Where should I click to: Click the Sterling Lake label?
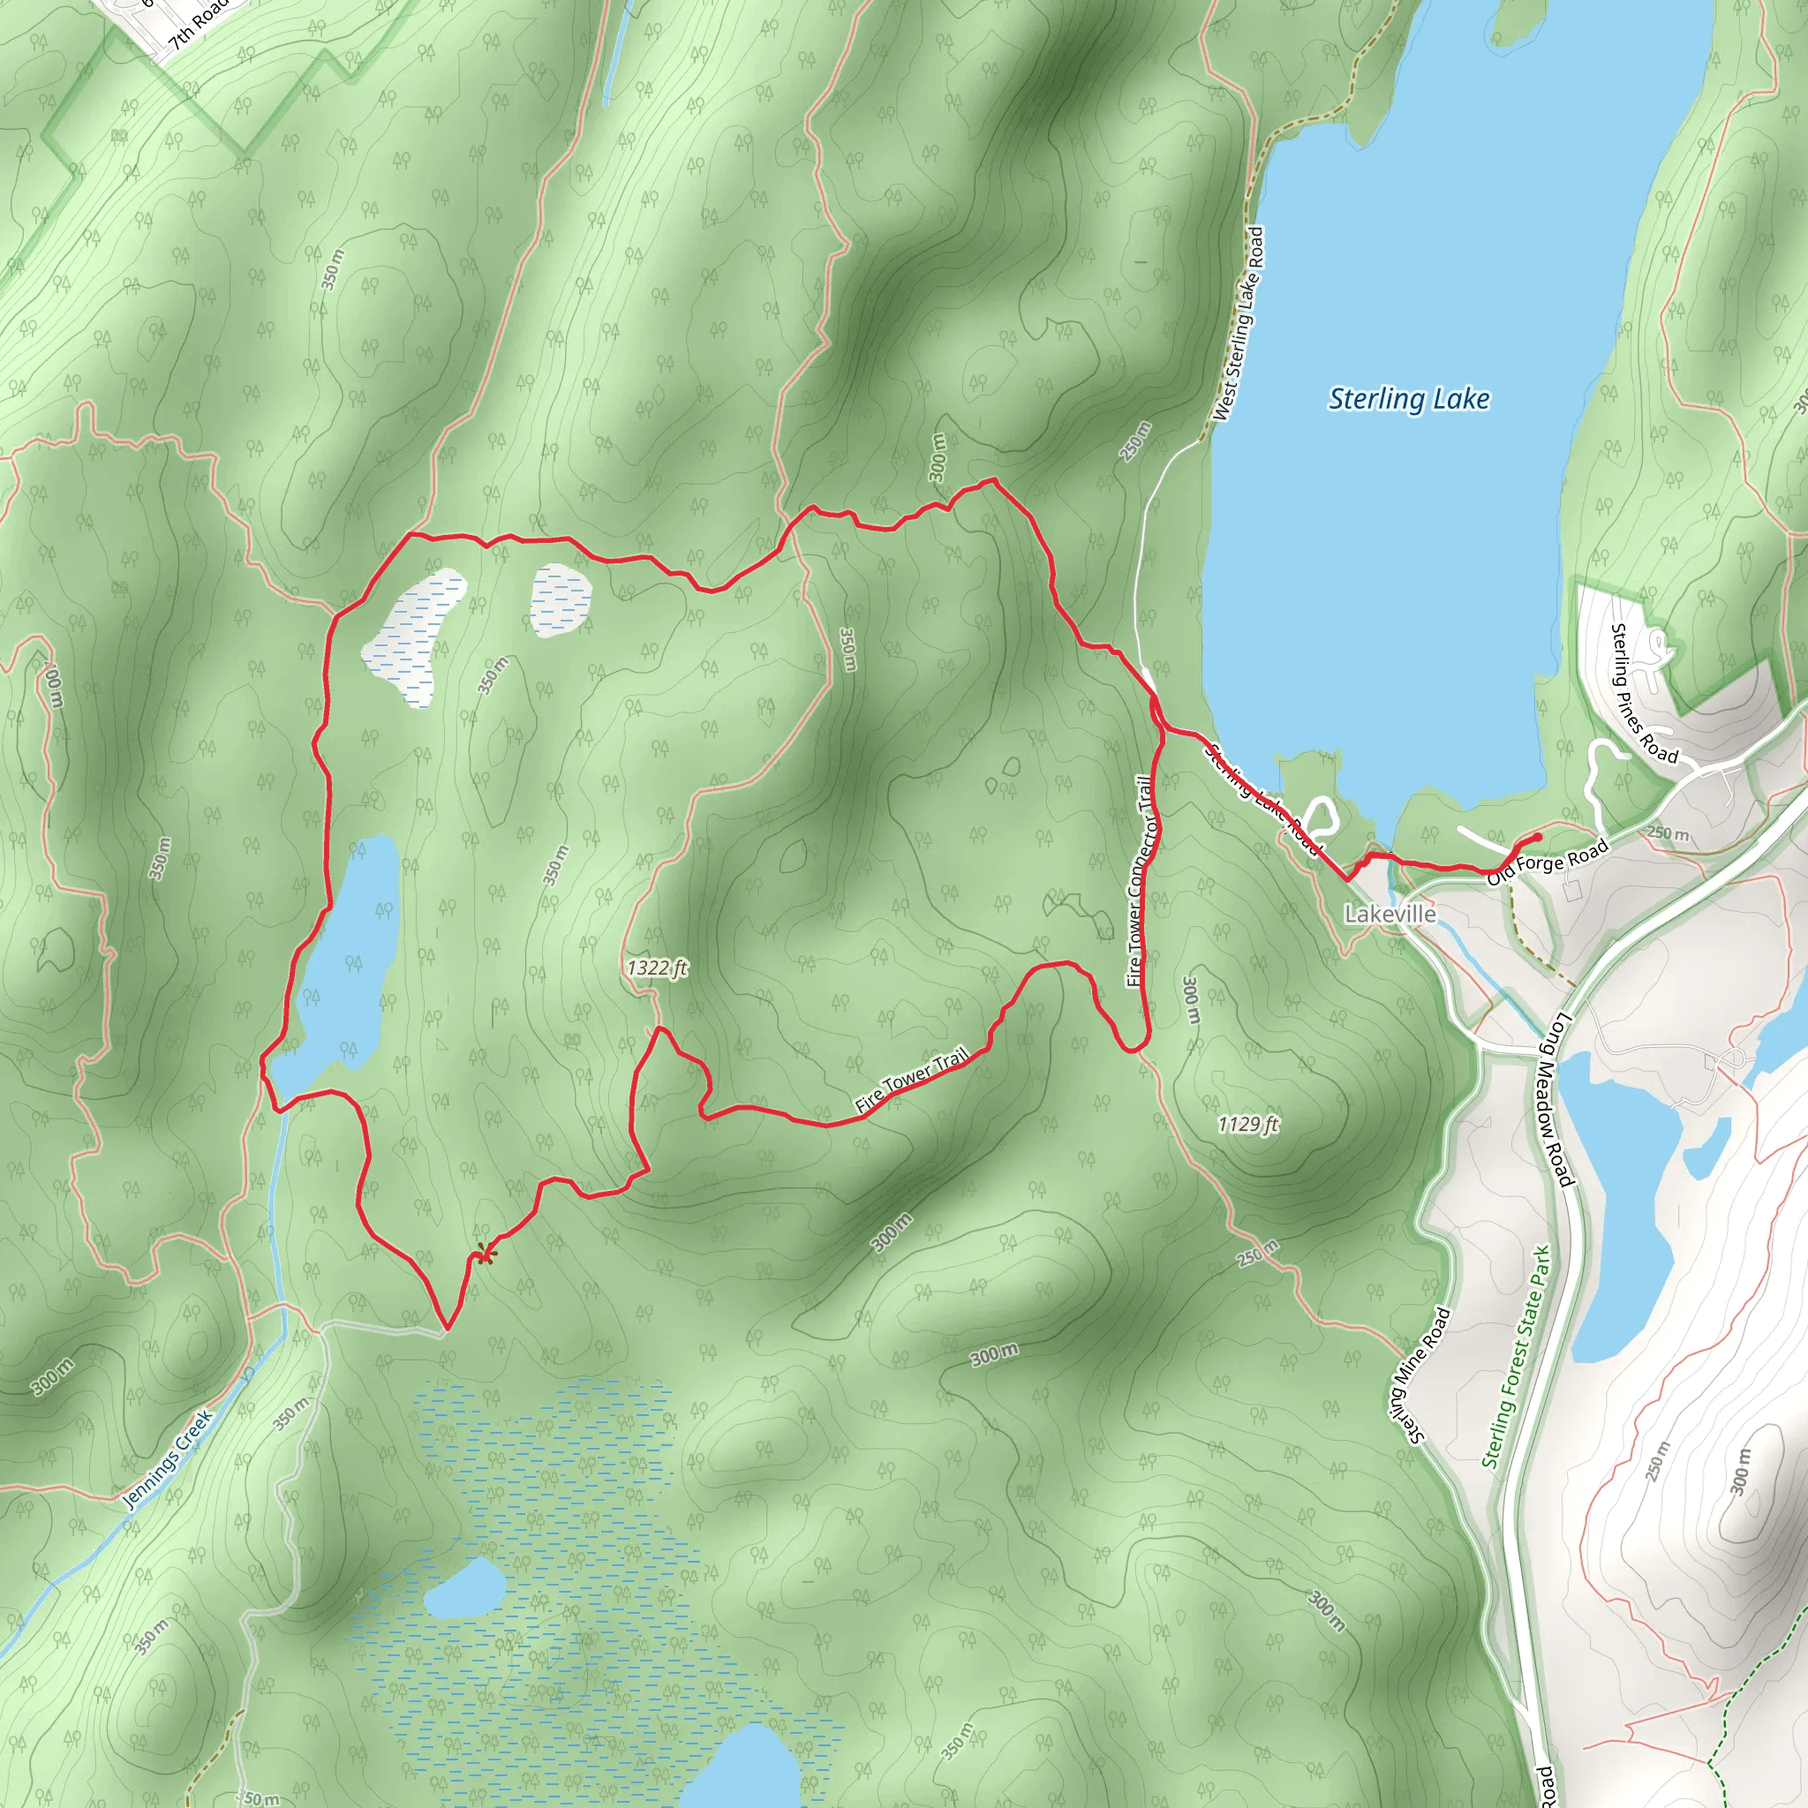click(x=1408, y=400)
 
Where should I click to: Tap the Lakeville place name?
click(x=1390, y=914)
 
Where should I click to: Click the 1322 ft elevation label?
click(x=657, y=968)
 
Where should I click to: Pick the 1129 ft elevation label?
click(x=1247, y=1124)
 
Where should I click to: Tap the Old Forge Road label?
click(x=1547, y=863)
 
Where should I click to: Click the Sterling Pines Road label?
click(x=1643, y=695)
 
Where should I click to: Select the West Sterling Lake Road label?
click(x=1239, y=325)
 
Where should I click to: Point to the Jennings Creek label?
click(x=169, y=1460)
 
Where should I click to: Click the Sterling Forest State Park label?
click(x=1516, y=1357)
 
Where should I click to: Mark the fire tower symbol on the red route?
click(x=483, y=1254)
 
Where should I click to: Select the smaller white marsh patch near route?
click(x=561, y=599)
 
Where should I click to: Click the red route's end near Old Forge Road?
click(x=1539, y=836)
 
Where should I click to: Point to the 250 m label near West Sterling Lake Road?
click(x=1134, y=441)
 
